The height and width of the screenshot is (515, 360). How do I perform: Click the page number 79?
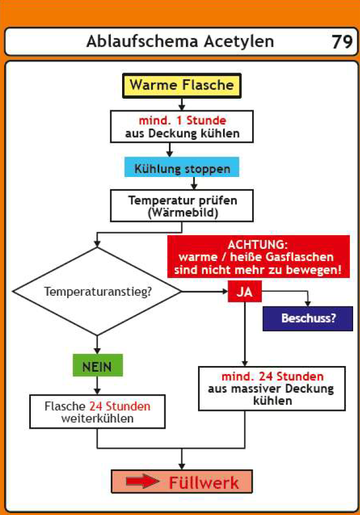click(x=342, y=42)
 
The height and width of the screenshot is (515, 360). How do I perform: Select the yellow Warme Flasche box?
click(x=181, y=86)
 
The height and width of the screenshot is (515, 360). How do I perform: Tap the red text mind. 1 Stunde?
click(x=182, y=120)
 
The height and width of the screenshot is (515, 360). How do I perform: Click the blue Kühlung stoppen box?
click(x=182, y=169)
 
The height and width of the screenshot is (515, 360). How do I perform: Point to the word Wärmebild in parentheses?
click(x=182, y=212)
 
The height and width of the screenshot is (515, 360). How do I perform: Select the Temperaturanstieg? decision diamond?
click(x=98, y=291)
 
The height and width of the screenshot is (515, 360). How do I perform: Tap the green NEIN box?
click(x=98, y=366)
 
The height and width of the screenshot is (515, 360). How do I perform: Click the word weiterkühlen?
click(x=97, y=418)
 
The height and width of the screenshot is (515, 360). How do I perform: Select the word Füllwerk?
click(x=204, y=482)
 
